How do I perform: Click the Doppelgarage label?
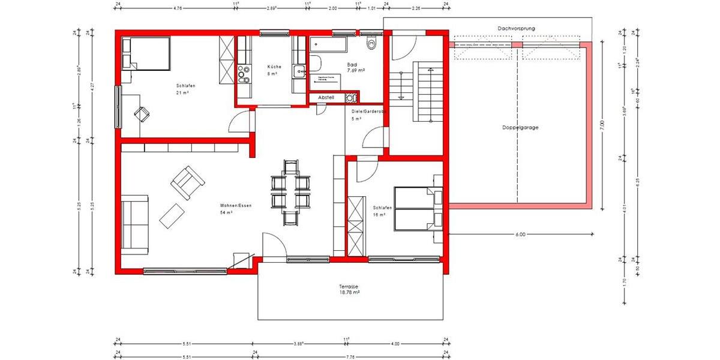[520, 128]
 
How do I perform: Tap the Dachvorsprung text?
[520, 28]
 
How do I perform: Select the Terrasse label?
[349, 287]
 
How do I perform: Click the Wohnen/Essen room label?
[235, 206]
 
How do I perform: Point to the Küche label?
[273, 66]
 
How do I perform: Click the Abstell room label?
[327, 97]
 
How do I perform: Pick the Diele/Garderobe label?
[367, 112]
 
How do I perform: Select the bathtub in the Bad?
[328, 44]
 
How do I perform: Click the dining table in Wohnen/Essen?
[291, 192]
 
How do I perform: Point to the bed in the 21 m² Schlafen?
[146, 53]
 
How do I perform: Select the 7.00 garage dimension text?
[602, 125]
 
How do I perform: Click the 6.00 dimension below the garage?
[520, 235]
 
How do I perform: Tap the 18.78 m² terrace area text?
[349, 293]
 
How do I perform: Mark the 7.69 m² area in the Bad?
[356, 70]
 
